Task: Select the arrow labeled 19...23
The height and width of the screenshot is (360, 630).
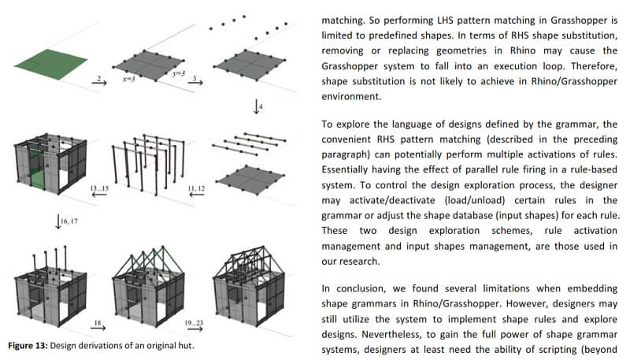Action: pyautogui.click(x=194, y=325)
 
